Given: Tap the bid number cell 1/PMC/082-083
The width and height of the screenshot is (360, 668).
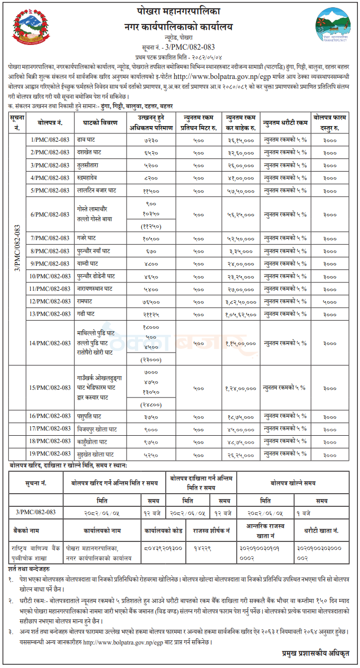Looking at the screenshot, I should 50,140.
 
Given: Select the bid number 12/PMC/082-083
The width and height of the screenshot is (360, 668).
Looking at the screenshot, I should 50,301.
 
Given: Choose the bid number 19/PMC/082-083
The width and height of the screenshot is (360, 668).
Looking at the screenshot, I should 50,454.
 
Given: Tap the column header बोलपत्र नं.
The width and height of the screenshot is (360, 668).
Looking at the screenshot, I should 50,124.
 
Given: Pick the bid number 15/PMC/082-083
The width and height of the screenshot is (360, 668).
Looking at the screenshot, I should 50,388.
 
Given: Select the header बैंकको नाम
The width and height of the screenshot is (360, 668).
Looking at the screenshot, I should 28,530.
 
